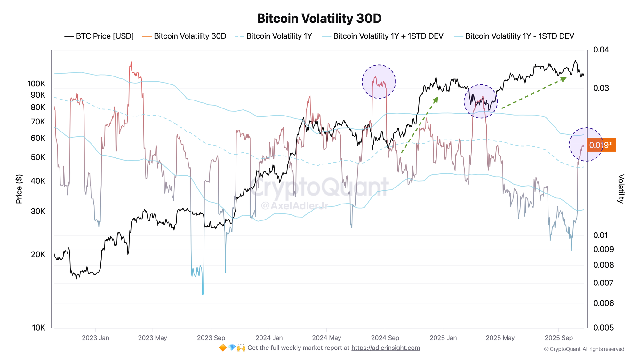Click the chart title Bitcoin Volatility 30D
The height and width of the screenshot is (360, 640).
(319, 19)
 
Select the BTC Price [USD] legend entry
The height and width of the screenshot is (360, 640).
(99, 36)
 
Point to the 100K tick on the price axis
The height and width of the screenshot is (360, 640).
(36, 84)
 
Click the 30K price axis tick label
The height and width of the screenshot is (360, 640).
(38, 211)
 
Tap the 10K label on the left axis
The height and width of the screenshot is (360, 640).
(39, 328)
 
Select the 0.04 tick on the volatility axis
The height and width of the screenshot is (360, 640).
(601, 50)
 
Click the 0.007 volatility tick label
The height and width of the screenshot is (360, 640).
(604, 283)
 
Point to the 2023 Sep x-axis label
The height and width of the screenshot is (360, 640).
(211, 338)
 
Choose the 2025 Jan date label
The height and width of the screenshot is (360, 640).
(443, 338)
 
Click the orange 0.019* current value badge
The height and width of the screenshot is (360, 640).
(601, 145)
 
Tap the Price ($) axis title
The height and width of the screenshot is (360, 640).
(19, 189)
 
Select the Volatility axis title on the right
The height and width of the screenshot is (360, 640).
(621, 189)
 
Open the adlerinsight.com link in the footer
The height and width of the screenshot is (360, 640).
(386, 348)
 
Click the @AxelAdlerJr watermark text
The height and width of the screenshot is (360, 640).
(294, 205)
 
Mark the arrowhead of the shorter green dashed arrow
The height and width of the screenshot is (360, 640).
(436, 99)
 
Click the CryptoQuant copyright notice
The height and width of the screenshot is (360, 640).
(584, 349)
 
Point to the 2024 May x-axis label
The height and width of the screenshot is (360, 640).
(326, 338)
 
